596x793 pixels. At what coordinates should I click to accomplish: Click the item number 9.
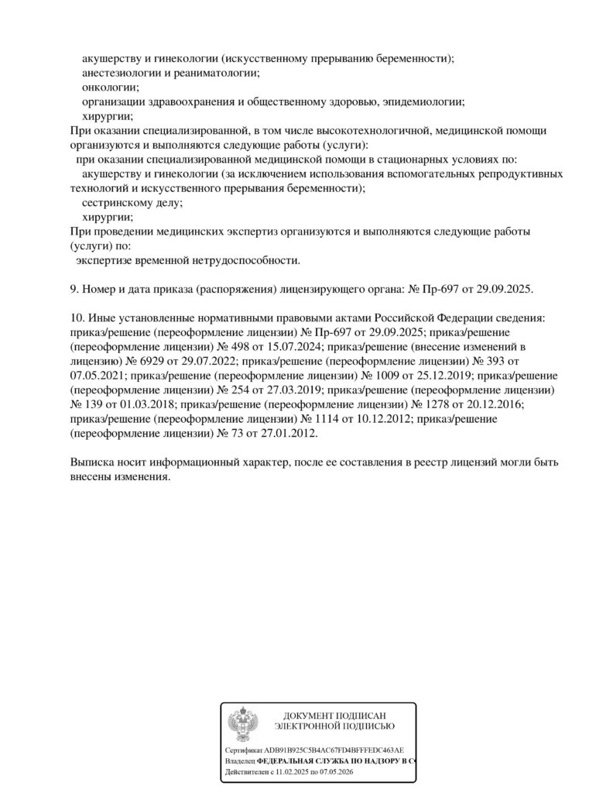(x=74, y=289)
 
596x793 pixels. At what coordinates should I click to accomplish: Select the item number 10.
(x=77, y=318)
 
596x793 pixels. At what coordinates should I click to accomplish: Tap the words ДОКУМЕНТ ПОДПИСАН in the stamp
(x=335, y=716)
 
